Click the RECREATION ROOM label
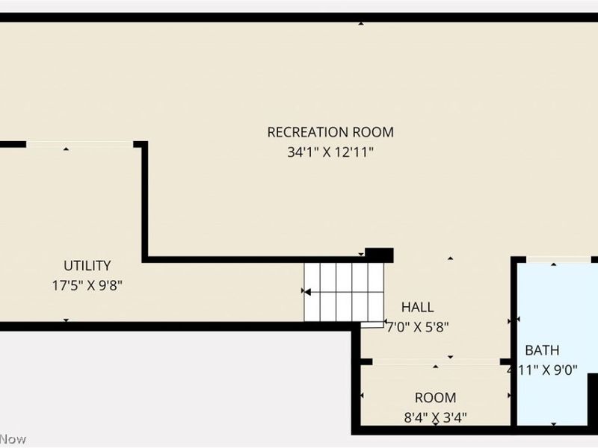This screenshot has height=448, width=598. coord(330,132)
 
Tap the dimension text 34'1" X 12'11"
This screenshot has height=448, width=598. coord(330,152)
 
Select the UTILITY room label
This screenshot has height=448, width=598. coord(87,265)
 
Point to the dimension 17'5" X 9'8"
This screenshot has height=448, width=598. coord(87,284)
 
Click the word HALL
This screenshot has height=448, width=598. coord(417,307)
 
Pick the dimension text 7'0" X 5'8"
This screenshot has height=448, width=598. coord(417,326)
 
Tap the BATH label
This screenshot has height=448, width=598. coord(542,350)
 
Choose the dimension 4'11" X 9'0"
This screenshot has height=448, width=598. coord(542,370)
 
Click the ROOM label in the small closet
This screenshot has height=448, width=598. coord(436,398)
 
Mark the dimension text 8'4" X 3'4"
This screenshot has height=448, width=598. coord(436,417)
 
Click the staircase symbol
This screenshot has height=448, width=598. coord(340,291)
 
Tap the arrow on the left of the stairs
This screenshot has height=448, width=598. coord(306,291)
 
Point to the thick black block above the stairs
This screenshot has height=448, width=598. coord(379,255)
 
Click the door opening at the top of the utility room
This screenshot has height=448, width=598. coord(80,144)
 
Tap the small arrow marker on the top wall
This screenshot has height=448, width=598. coord(361,23)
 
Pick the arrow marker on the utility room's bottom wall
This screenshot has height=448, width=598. coord(66,320)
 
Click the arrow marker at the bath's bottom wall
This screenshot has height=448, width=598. coord(554,424)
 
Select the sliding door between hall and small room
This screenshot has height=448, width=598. coord(437,362)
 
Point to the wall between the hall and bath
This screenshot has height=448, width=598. coord(514,321)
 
